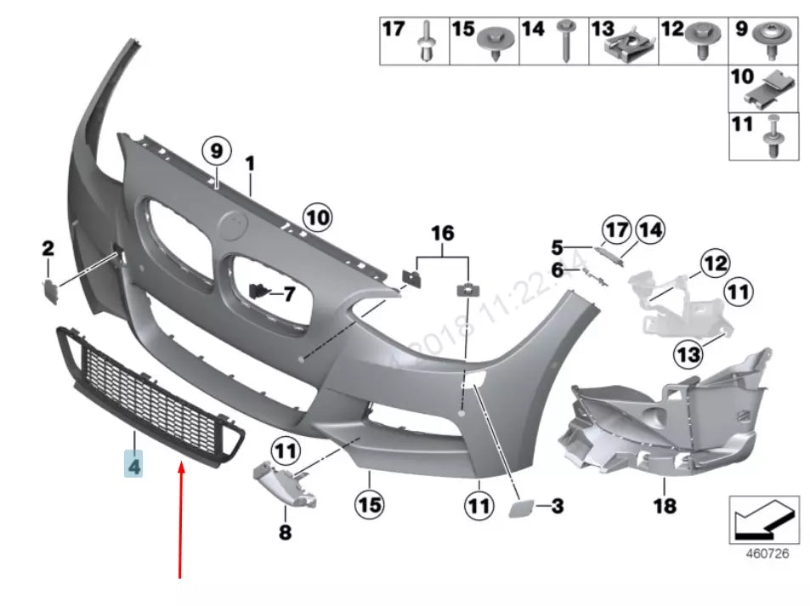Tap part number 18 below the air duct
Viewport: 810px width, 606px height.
pyautogui.click(x=665, y=506)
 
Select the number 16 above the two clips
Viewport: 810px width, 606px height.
pyautogui.click(x=442, y=233)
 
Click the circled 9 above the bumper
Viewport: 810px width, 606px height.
pyautogui.click(x=216, y=152)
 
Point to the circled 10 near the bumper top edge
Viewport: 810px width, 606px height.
pyautogui.click(x=317, y=218)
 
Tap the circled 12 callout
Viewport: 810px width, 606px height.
pyautogui.click(x=716, y=263)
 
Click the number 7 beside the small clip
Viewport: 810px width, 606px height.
pyautogui.click(x=288, y=295)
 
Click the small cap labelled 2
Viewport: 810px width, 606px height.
pyautogui.click(x=49, y=289)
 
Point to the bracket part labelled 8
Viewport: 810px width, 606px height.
pyautogui.click(x=285, y=482)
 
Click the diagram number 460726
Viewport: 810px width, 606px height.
pyautogui.click(x=767, y=553)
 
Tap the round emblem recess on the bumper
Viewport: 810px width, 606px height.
pyautogui.click(x=231, y=228)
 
